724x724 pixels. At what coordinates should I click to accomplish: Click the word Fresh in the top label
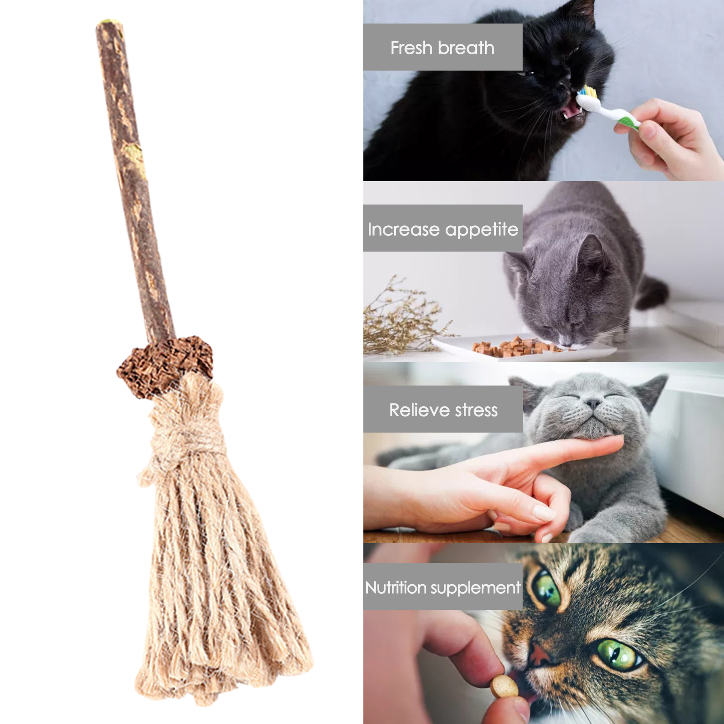click(x=411, y=48)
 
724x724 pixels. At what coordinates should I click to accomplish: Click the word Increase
click(x=404, y=229)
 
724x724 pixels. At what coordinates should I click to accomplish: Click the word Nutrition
click(x=396, y=587)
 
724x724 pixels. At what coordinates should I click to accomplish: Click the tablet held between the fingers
click(x=505, y=686)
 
